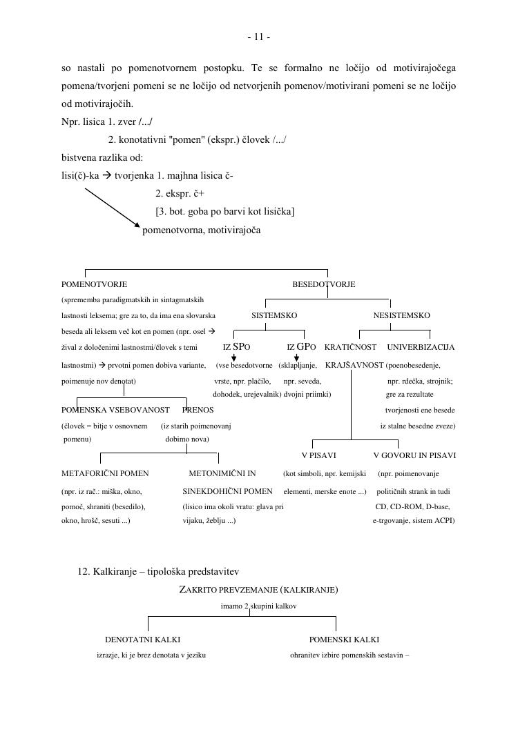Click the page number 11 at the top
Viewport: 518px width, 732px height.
coord(258,37)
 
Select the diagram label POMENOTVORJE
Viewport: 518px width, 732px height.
coord(94,284)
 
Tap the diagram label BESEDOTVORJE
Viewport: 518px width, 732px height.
coord(323,284)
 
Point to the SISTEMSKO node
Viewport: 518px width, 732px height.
coord(274,315)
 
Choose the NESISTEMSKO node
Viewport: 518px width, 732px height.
coord(401,315)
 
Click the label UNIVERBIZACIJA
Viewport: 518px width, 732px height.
coord(421,347)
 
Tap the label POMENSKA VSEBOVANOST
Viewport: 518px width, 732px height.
coord(115,410)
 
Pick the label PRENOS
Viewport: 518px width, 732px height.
coord(198,410)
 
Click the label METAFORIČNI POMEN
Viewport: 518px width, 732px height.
coord(105,473)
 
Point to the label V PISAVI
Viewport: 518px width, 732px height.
coord(319,455)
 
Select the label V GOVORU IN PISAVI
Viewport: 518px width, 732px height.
coord(414,455)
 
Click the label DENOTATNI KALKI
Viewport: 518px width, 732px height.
coord(142,640)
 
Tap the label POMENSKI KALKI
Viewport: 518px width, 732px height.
coord(344,640)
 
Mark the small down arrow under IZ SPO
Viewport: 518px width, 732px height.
coord(234,357)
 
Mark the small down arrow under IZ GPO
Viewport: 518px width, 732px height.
coord(296,357)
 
